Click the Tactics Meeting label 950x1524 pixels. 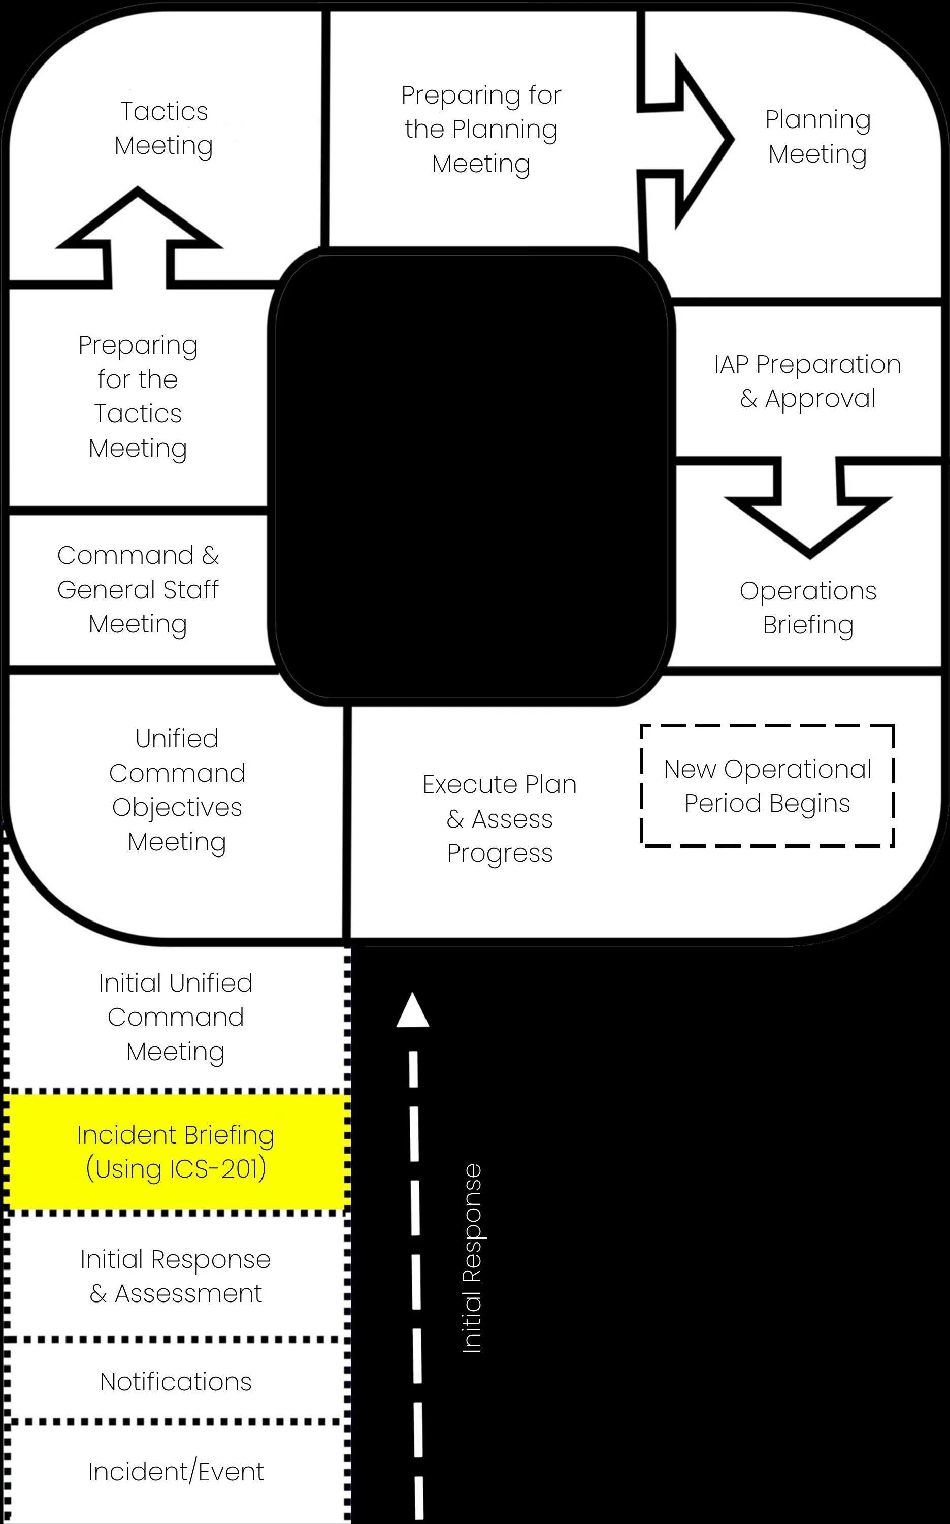pyautogui.click(x=164, y=128)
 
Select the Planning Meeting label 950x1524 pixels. pyautogui.click(x=817, y=136)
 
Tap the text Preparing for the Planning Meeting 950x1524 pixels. pyautogui.click(x=481, y=130)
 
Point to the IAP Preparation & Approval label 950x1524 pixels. pyautogui.click(x=807, y=382)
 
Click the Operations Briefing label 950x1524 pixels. pyautogui.click(x=808, y=608)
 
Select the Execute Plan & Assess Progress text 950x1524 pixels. pyautogui.click(x=500, y=819)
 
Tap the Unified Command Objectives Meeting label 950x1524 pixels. pyautogui.click(x=177, y=790)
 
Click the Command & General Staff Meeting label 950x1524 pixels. pyautogui.click(x=138, y=589)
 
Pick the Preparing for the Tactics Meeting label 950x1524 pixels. pyautogui.click(x=138, y=397)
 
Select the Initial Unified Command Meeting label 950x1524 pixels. pyautogui.click(x=176, y=1017)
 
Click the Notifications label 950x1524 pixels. pyautogui.click(x=176, y=1381)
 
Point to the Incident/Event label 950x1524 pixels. pyautogui.click(x=176, y=1472)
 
